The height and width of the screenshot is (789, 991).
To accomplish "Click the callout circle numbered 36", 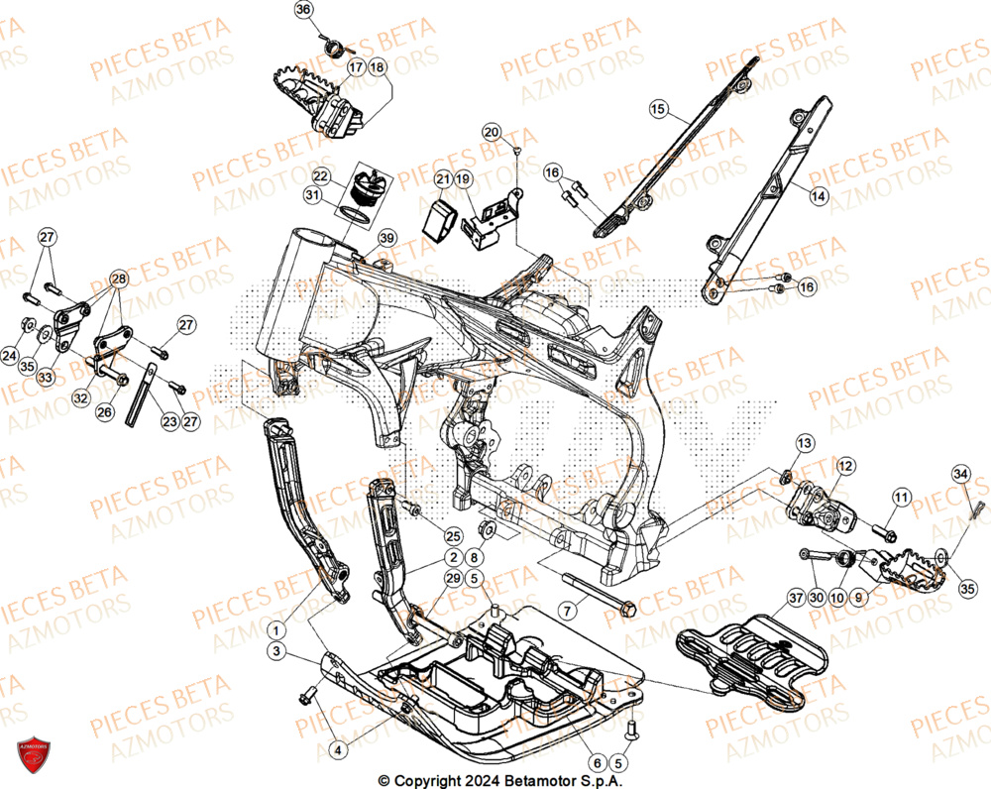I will tap(304, 10).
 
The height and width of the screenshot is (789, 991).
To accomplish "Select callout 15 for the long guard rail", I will tap(658, 109).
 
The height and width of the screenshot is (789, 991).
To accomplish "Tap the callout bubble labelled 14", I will tap(818, 197).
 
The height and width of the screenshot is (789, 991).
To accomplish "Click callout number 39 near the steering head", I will tap(386, 238).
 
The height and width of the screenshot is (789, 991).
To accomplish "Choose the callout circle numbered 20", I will tap(493, 132).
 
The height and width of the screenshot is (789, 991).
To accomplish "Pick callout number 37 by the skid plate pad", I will tap(795, 598).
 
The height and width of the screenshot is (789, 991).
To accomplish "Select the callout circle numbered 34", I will tap(959, 475).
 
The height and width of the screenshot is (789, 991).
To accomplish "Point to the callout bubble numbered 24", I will tap(10, 354).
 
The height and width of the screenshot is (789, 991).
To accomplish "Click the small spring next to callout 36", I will tap(333, 45).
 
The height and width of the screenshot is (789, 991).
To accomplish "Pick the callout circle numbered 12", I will tap(844, 465).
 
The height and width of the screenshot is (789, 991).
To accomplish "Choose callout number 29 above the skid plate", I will tap(452, 578).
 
